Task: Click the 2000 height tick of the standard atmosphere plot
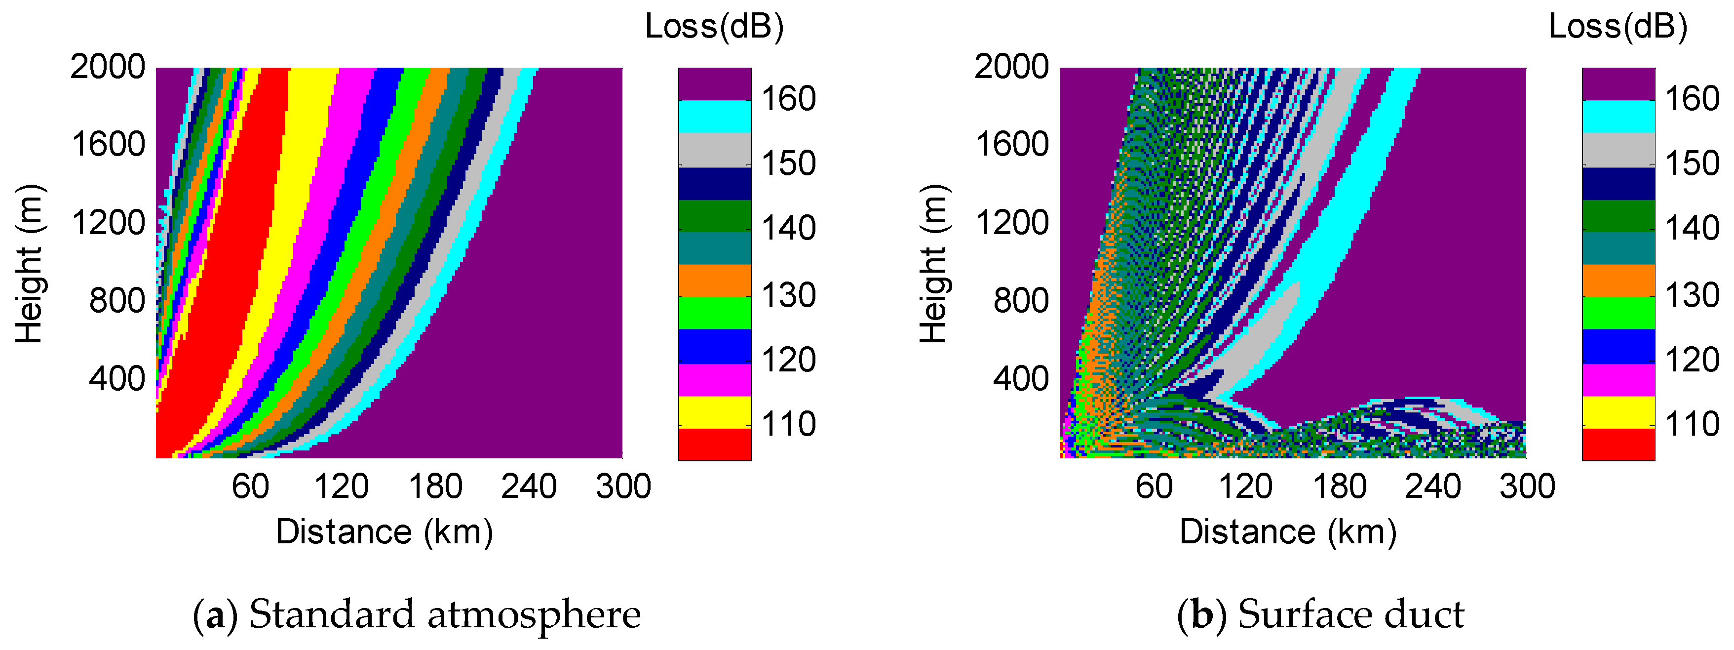point(108,67)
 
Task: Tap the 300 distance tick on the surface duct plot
point(1527,487)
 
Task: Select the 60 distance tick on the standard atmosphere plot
point(250,487)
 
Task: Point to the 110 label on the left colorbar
point(788,424)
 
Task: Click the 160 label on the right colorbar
point(1692,99)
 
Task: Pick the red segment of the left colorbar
point(714,445)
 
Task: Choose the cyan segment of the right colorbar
point(1618,117)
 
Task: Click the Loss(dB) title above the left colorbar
point(714,27)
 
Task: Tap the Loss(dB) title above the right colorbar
point(1618,27)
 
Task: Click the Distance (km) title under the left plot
point(385,532)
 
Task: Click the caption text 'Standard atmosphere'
point(445,614)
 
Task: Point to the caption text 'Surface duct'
point(1351,614)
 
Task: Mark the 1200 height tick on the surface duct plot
point(1012,223)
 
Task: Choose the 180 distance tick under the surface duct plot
point(1340,487)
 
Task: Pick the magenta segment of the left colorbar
point(714,380)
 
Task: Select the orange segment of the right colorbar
point(1618,280)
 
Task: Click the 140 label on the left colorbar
point(788,228)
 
